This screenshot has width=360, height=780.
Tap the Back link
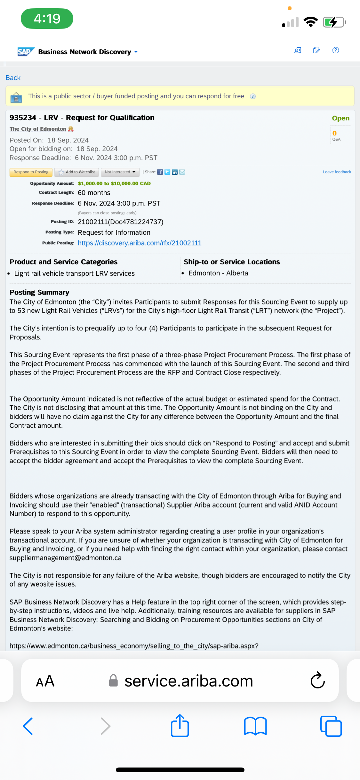(x=13, y=78)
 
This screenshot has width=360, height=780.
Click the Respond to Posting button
(x=31, y=172)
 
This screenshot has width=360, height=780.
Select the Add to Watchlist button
(x=77, y=172)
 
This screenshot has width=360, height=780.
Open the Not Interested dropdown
(x=120, y=172)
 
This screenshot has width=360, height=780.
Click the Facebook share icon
(x=160, y=172)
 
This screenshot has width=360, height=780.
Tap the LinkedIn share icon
(x=175, y=172)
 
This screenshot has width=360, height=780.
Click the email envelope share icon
(x=182, y=172)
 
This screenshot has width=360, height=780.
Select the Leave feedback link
(x=337, y=172)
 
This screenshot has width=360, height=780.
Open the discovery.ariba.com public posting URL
(x=140, y=243)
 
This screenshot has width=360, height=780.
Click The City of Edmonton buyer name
(x=38, y=129)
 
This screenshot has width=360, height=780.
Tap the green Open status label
(x=340, y=118)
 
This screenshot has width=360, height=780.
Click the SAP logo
(x=25, y=52)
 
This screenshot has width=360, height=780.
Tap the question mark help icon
(x=336, y=50)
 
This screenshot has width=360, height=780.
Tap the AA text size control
(x=45, y=681)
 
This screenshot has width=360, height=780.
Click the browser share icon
(x=180, y=726)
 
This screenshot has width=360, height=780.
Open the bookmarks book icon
(x=255, y=726)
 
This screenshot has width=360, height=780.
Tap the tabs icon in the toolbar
(x=331, y=726)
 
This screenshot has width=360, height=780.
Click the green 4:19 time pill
(x=47, y=19)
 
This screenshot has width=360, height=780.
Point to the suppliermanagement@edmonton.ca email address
(x=66, y=558)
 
